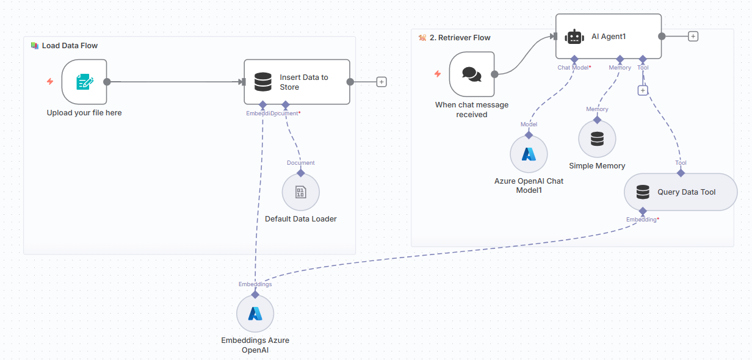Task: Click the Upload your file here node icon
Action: pos(84,82)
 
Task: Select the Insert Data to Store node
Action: pos(297,82)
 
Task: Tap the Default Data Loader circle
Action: pos(300,192)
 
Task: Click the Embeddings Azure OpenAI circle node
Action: pos(255,314)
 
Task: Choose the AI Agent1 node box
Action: pos(609,37)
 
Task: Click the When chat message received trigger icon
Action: pos(471,74)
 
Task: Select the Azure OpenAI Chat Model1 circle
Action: pos(529,154)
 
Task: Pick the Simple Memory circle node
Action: pos(597,139)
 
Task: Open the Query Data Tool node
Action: pos(681,192)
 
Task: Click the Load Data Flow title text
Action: pos(70,46)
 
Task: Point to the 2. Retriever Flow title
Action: pos(460,38)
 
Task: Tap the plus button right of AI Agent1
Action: pos(693,36)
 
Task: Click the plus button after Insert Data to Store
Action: pos(381,82)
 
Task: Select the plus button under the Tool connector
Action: pos(642,90)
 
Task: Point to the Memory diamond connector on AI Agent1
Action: pos(620,59)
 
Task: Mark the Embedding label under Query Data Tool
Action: pos(642,219)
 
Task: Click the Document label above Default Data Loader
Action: pos(301,163)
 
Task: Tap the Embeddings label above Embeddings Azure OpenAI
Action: pos(255,284)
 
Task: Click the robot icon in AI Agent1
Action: pos(574,37)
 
